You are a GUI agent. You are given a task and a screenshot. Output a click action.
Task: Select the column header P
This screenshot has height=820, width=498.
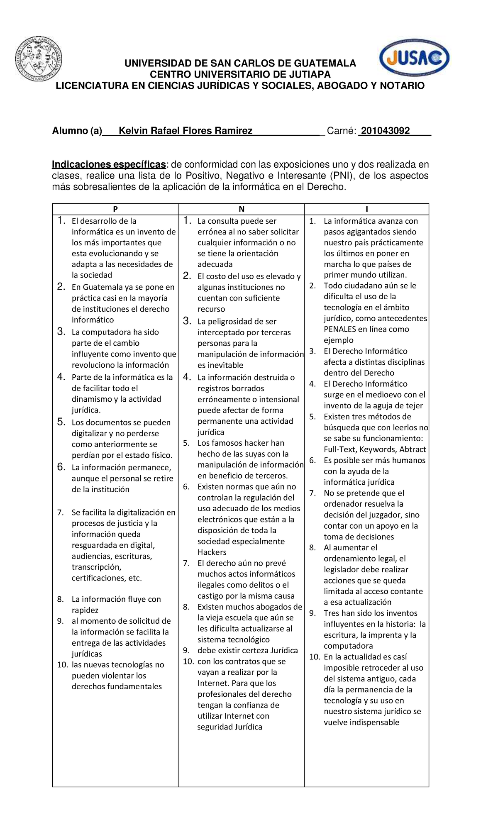pos(115,209)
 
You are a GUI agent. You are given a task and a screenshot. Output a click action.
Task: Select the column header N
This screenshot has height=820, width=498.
pos(242,209)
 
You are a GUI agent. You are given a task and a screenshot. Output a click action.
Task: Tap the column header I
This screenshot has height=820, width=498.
pos(367,209)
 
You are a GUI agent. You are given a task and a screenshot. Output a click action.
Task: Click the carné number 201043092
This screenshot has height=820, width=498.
pos(385,131)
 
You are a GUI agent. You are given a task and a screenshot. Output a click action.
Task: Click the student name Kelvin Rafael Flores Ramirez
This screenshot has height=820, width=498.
pos(186,131)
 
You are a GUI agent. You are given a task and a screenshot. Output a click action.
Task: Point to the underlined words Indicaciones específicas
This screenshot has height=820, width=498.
pos(109,165)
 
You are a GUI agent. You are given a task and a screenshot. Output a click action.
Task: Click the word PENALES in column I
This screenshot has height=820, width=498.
pos(340,329)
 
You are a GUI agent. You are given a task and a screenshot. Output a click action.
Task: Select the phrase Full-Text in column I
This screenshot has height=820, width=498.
pos(340,449)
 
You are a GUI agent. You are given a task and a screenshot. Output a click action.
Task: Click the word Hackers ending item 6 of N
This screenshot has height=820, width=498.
pos(212,552)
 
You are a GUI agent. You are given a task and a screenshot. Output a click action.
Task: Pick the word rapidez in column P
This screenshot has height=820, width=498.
pos(85,610)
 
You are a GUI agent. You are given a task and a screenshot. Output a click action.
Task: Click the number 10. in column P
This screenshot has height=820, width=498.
pos(63,665)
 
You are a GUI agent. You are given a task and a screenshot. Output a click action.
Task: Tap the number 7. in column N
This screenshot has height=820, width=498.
pos(186,563)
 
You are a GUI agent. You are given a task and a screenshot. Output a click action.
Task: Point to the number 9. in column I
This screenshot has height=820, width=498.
pos(312,613)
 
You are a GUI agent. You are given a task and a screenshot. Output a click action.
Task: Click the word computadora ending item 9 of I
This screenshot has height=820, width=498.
pos(348,646)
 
